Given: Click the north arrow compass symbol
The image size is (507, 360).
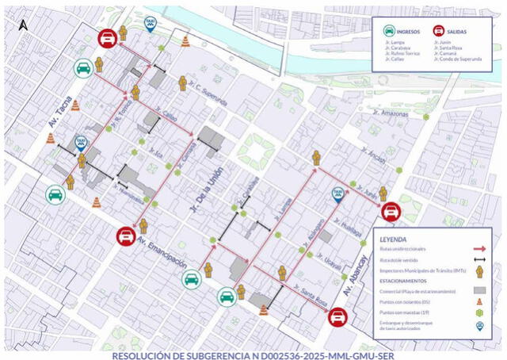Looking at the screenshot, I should coord(22,24).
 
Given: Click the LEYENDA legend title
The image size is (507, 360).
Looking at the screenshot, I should coord(393,239).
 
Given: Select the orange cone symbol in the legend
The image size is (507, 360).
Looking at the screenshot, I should coord(479,302).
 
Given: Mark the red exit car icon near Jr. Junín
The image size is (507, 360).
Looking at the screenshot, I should coord(390,212).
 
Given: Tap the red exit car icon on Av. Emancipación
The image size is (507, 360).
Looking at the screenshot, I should coord(125,235).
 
